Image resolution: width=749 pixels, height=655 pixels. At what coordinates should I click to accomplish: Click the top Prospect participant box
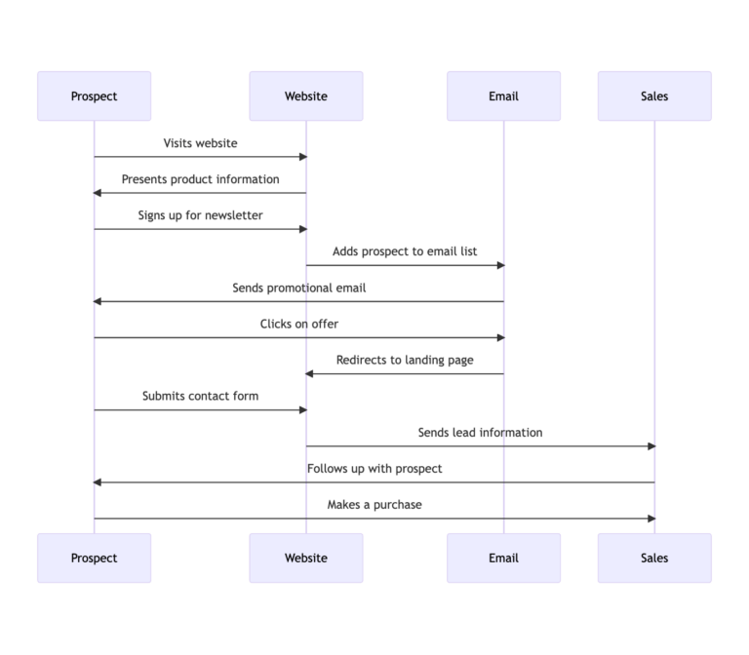(94, 96)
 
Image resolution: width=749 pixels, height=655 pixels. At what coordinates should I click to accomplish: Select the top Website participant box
(305, 96)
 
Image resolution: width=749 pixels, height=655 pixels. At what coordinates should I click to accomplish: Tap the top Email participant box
(503, 96)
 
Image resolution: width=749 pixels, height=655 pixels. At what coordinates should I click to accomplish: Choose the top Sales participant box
(654, 96)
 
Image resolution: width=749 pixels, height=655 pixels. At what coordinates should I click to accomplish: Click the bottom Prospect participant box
(94, 558)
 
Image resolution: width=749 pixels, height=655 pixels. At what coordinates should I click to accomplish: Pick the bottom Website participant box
(305, 558)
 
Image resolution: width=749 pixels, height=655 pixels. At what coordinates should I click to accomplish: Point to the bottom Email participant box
(503, 558)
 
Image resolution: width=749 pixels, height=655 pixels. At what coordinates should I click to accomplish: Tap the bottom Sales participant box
(654, 558)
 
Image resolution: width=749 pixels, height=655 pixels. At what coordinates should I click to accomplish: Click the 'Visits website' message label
(200, 143)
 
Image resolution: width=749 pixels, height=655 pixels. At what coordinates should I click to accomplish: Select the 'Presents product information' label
(200, 179)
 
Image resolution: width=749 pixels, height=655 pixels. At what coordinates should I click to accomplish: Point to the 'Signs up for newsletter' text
(200, 215)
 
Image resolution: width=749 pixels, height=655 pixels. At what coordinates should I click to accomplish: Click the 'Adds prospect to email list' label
(405, 251)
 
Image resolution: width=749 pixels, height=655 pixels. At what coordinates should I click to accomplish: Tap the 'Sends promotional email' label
(298, 288)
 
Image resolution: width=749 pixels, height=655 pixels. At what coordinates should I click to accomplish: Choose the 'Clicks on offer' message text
(298, 324)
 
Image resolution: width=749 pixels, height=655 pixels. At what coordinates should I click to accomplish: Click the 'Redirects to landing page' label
(405, 360)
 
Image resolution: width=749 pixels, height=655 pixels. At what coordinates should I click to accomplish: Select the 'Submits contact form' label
(200, 396)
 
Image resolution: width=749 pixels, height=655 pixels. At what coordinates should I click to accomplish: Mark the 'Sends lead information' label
(480, 432)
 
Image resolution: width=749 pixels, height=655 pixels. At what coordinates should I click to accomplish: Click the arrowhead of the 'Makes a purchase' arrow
(650, 519)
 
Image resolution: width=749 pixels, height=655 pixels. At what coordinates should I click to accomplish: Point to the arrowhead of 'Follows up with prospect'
(98, 482)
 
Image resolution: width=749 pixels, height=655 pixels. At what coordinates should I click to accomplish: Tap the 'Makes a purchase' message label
(374, 505)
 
